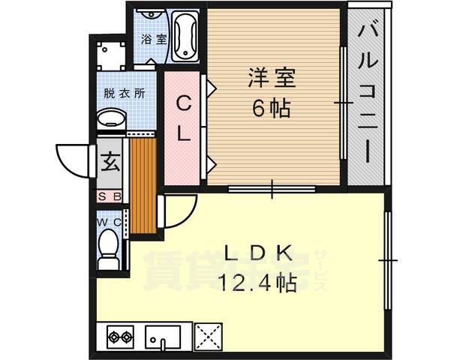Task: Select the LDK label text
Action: (x=256, y=254)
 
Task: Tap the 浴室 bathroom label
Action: (x=155, y=39)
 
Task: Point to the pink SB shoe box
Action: (x=110, y=197)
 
